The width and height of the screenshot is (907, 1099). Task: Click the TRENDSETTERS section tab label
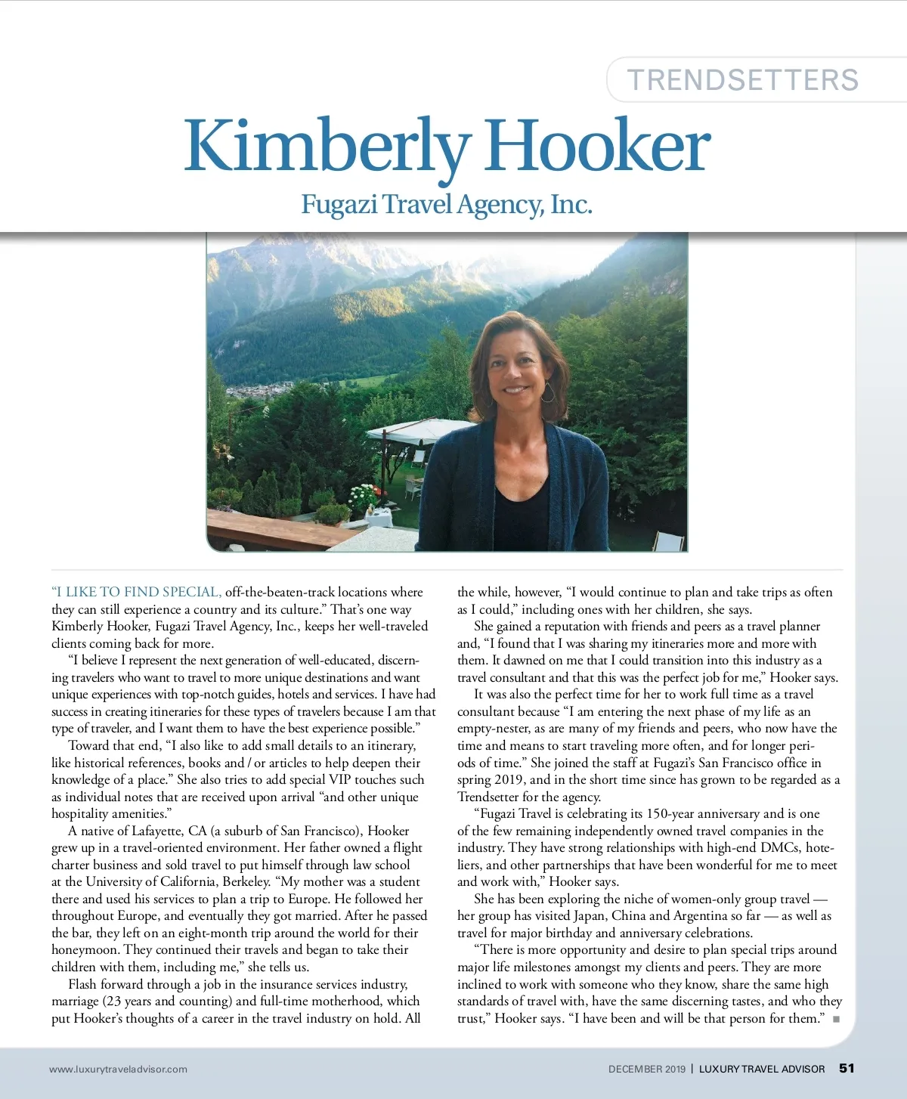pos(743,80)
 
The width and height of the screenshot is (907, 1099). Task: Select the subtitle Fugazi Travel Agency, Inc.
pos(446,204)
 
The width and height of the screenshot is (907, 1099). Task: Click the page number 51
pos(847,1068)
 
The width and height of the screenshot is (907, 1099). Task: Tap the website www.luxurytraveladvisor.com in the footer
pos(118,1069)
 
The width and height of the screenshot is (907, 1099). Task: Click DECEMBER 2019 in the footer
pos(646,1069)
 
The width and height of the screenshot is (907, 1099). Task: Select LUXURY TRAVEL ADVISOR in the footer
pos(761,1069)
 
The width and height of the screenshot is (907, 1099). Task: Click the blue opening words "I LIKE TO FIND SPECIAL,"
pos(136,592)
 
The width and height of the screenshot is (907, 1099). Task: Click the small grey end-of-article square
pos(836,1019)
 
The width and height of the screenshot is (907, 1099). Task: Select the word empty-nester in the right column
pos(494,729)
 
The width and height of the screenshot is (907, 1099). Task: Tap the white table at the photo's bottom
pos(379,516)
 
